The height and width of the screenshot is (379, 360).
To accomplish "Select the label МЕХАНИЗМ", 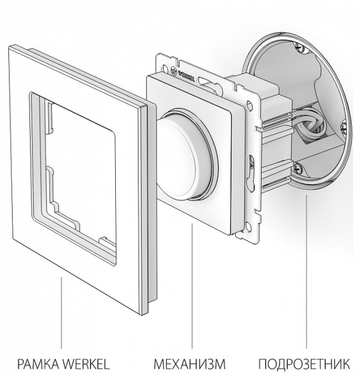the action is tap(190, 364).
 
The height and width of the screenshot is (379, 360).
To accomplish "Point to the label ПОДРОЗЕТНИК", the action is tap(304, 364).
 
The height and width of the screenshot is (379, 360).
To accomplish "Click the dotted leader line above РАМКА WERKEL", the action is tap(61, 312).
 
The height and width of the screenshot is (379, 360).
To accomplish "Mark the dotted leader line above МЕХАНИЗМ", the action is tap(192, 286).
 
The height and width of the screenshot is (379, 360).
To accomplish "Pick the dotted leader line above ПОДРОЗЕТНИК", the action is tap(307, 272).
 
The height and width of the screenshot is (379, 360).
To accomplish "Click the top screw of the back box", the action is tap(299, 47).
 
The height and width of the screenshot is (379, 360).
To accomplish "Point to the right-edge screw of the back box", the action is tap(344, 127).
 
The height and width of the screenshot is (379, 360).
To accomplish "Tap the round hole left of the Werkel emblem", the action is tap(164, 67).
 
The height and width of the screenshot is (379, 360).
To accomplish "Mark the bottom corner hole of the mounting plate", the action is tap(248, 226).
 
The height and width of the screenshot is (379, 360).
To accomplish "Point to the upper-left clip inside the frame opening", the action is tap(50, 118).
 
